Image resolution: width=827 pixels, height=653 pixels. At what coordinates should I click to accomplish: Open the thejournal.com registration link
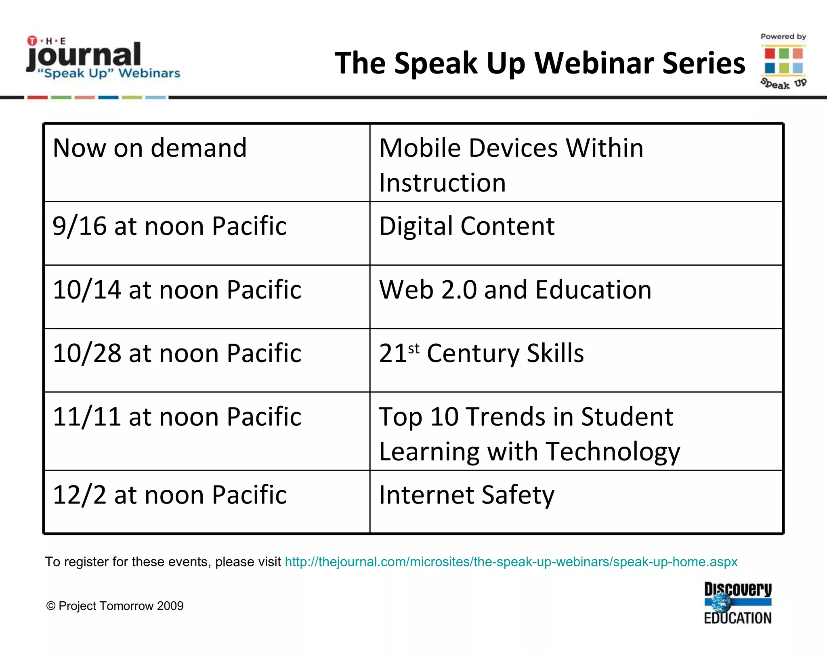pos(511,562)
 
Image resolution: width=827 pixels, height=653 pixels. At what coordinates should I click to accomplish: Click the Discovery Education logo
pos(738,603)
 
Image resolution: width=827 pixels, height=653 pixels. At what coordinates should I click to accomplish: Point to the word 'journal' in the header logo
pos(84,55)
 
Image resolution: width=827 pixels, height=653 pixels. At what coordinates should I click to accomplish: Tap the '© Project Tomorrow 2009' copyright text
pos(115,606)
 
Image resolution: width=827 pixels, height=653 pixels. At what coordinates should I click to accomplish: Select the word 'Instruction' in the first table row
pos(442,183)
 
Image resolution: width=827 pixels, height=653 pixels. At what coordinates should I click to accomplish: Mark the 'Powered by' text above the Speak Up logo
pos(783,36)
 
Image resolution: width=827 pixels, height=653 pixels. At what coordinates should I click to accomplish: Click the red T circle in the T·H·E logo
pos(32,41)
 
